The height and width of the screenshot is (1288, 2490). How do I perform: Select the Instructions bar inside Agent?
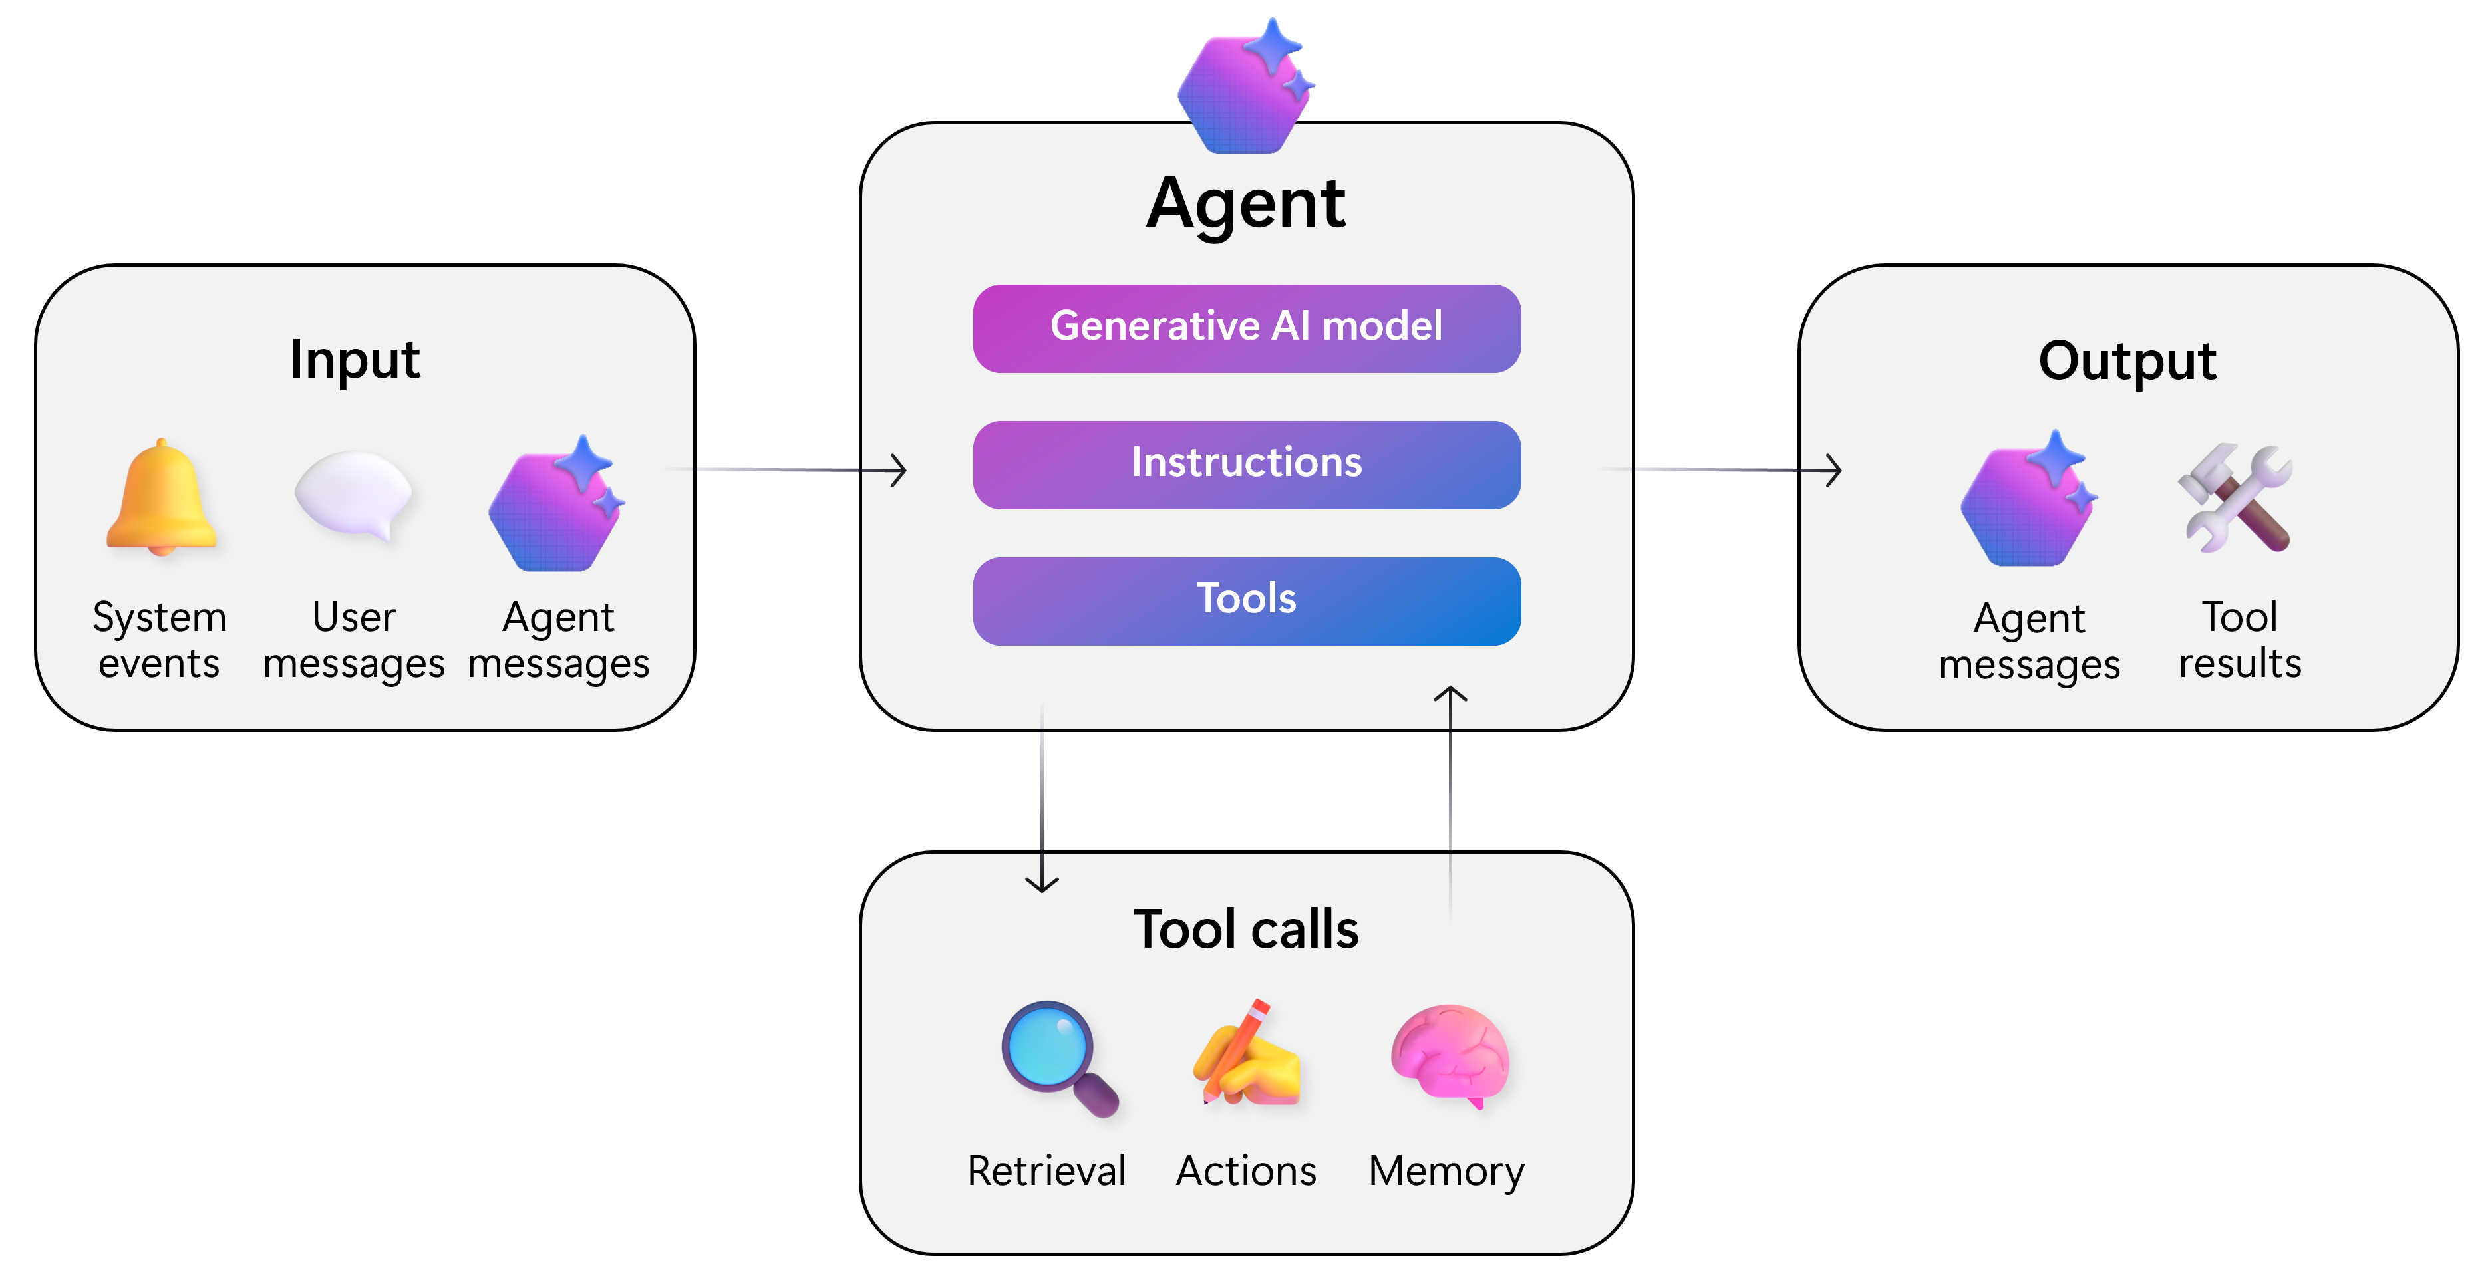point(1246,463)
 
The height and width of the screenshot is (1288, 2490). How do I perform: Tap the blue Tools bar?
point(1246,600)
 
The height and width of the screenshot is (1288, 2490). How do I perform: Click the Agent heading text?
point(1245,204)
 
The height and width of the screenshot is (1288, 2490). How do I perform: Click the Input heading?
point(355,360)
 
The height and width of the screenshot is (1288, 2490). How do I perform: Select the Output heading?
point(2127,360)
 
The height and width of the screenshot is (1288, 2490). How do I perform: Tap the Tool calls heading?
point(1245,930)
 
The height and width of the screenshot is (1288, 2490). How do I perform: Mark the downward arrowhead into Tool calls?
point(1042,884)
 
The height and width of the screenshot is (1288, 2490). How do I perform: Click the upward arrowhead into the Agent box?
point(1450,694)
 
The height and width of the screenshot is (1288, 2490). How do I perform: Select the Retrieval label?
point(1047,1171)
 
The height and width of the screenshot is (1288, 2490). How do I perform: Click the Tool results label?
point(2240,640)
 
